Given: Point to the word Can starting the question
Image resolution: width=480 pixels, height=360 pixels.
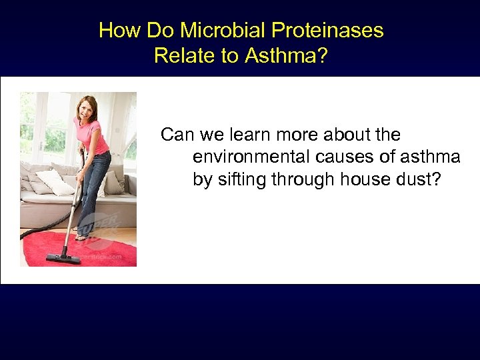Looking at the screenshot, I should coord(177,135).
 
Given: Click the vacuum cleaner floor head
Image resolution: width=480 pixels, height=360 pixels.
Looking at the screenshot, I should coord(63,257).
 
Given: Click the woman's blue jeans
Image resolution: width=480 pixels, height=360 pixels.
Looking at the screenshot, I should coord(93,187).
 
